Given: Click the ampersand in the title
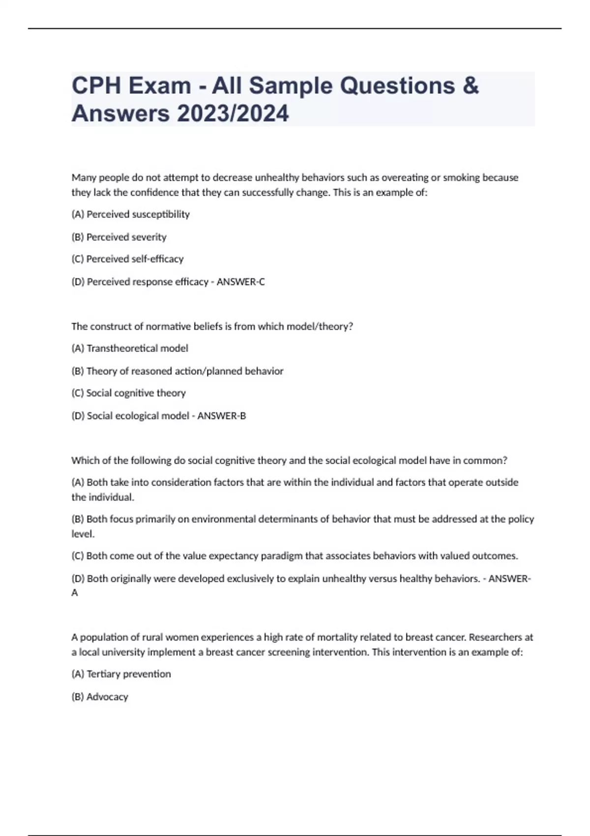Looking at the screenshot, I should point(471,86).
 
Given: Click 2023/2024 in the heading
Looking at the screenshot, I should point(233,114).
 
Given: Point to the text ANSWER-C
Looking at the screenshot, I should point(240,282).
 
